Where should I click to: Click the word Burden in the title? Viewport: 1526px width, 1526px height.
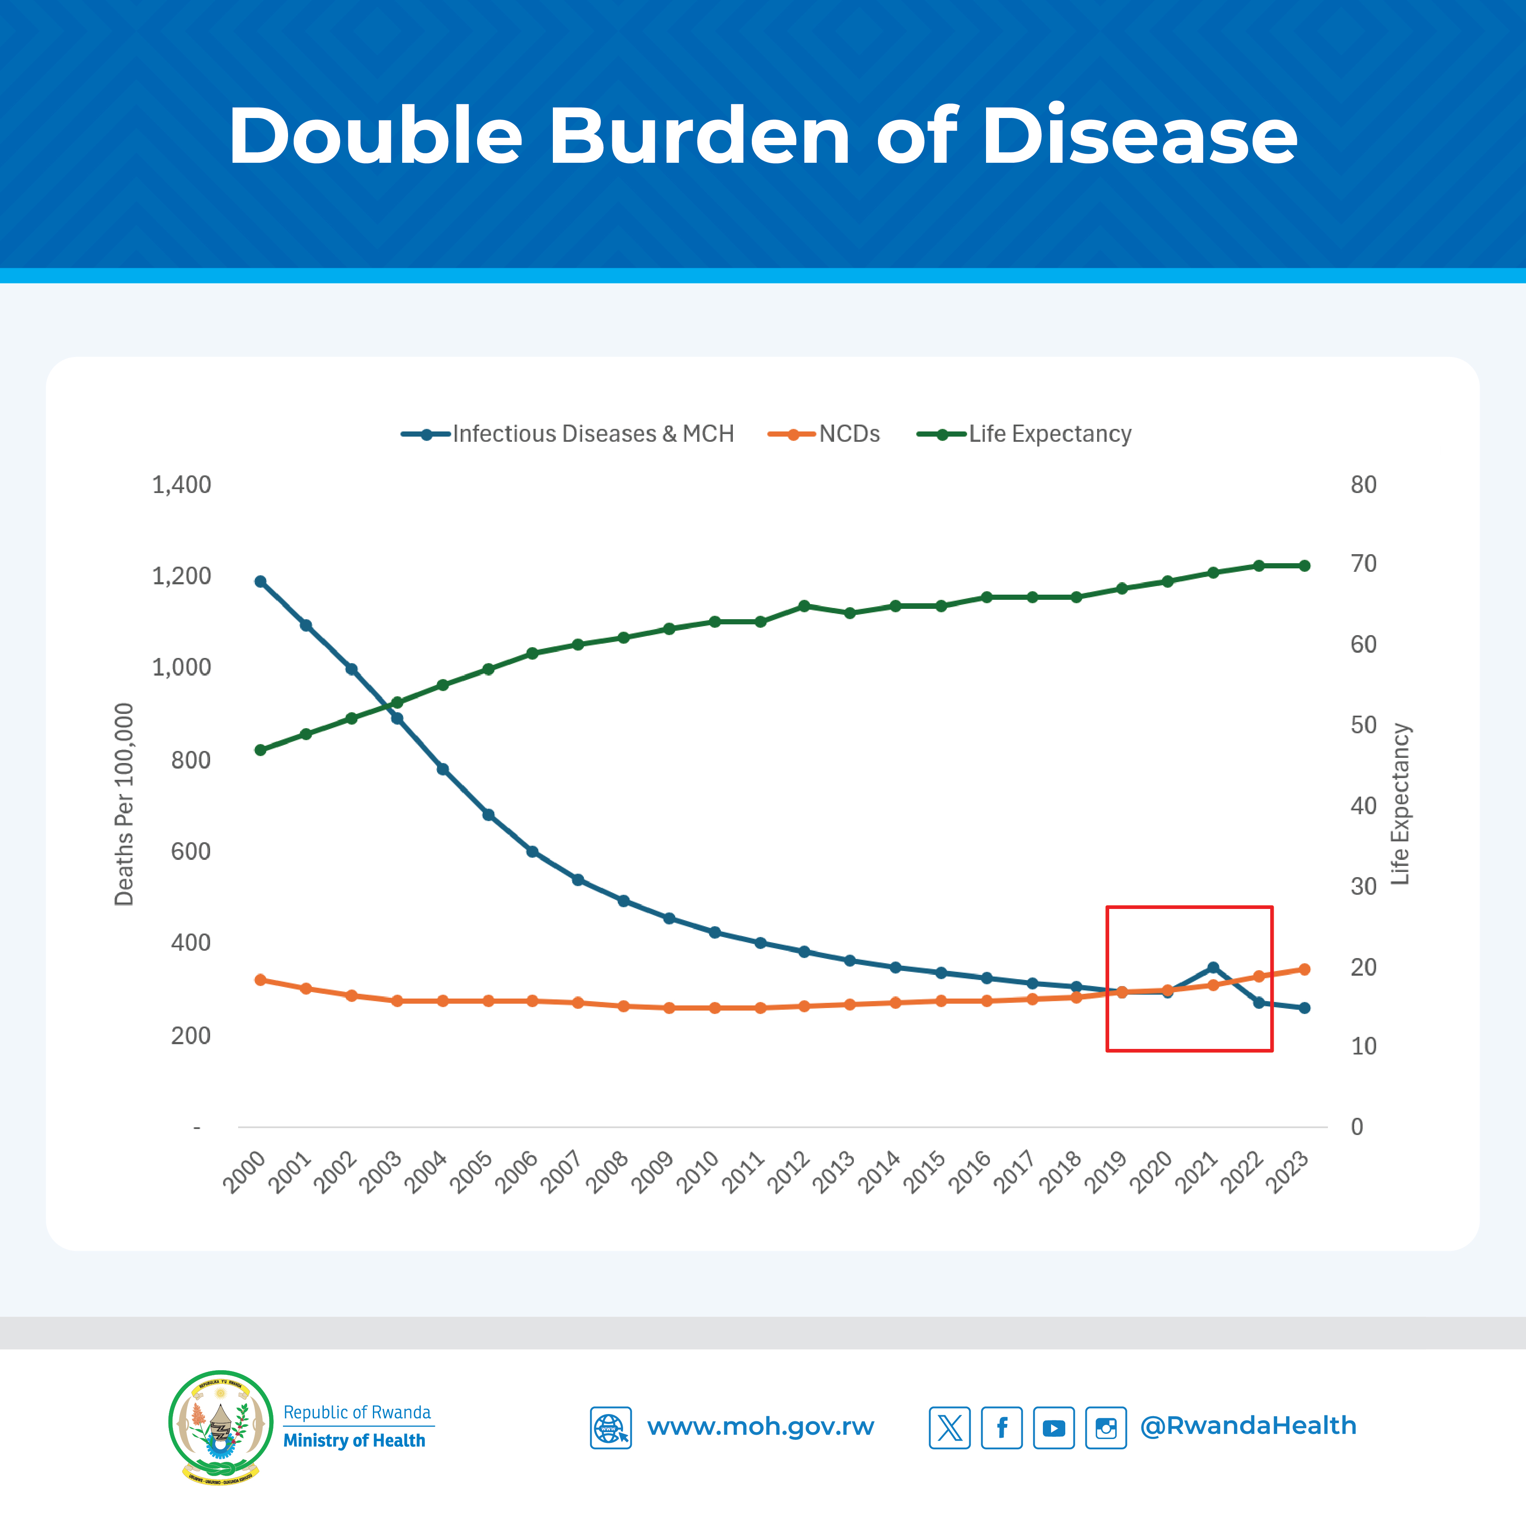pos(699,136)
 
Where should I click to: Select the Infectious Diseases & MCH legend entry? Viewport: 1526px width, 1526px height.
pos(592,434)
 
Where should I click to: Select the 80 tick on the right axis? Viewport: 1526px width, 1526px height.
pos(1363,484)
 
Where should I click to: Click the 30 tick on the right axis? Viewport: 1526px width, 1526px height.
pos(1363,886)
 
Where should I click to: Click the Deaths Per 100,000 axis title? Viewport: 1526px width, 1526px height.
pos(124,804)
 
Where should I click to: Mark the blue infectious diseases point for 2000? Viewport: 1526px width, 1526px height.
pos(261,581)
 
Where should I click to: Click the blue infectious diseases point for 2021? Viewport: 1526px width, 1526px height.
pos(1213,968)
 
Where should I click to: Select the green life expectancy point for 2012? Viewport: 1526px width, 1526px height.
pos(804,606)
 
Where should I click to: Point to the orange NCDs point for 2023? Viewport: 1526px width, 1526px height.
pos(1304,969)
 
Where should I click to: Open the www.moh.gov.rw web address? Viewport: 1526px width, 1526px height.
pos(760,1427)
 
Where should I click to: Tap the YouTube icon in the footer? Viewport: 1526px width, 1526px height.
pos(1054,1427)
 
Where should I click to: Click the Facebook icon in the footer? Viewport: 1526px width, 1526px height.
pos(1002,1427)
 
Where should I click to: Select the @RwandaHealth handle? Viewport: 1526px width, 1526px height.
pos(1248,1426)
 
